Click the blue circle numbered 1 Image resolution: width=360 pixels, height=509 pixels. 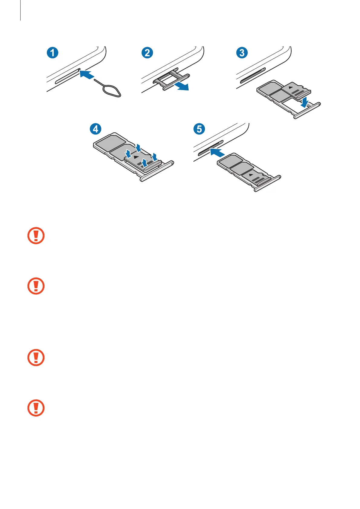pyautogui.click(x=52, y=53)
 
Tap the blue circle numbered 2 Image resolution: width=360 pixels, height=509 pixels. pyautogui.click(x=147, y=53)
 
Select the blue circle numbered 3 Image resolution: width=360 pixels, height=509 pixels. pyautogui.click(x=242, y=53)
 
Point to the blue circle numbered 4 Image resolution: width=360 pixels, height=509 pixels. pyautogui.click(x=96, y=129)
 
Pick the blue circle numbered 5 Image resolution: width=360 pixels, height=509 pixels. pyautogui.click(x=199, y=129)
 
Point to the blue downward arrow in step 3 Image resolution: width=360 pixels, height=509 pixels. pyautogui.click(x=305, y=102)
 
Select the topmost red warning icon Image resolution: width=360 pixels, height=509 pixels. pyautogui.click(x=36, y=235)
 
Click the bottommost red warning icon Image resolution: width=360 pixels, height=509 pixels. pyautogui.click(x=36, y=408)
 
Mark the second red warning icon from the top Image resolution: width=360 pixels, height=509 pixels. pyautogui.click(x=36, y=286)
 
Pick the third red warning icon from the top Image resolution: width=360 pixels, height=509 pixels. pyautogui.click(x=36, y=358)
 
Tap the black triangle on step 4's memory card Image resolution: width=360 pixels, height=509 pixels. pyautogui.click(x=136, y=157)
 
